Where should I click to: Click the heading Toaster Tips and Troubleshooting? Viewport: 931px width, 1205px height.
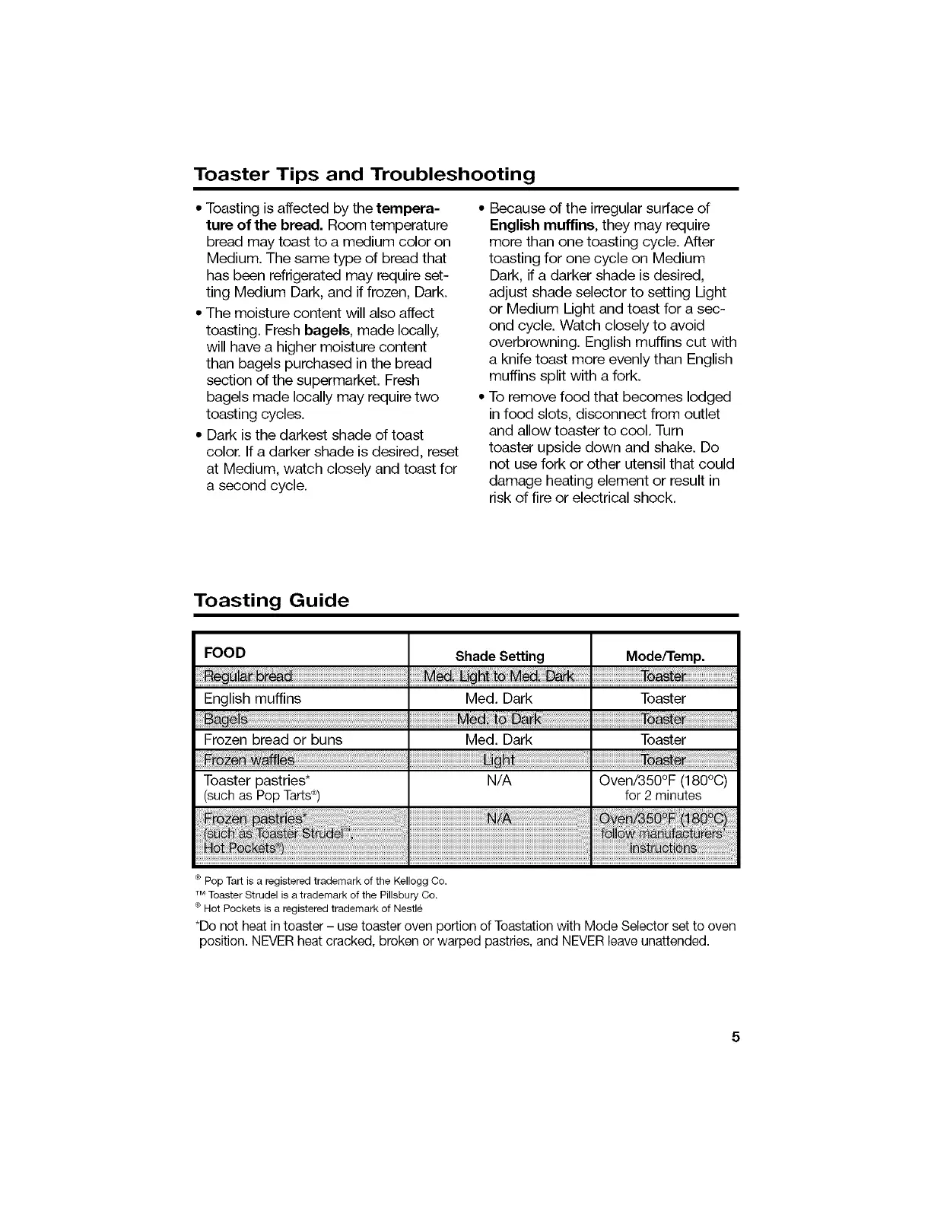[x=364, y=174]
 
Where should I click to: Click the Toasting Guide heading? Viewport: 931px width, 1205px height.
[x=271, y=600]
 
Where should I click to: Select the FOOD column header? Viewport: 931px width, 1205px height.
[x=224, y=653]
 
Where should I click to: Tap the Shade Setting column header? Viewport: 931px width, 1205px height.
[x=500, y=656]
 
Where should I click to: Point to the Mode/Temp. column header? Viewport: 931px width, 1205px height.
[x=665, y=656]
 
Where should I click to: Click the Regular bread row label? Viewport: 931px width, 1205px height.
[x=248, y=677]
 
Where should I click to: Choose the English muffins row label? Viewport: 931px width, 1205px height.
[x=253, y=698]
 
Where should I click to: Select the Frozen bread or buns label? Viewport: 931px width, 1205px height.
[x=273, y=739]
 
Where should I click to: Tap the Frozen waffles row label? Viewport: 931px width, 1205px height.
[x=249, y=760]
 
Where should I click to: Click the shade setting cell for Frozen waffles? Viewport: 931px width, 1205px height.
[x=499, y=760]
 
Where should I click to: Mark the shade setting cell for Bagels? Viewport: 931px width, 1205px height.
[x=499, y=719]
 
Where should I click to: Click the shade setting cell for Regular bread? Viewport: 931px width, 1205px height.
[x=499, y=677]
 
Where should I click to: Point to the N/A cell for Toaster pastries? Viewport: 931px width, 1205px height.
[x=499, y=781]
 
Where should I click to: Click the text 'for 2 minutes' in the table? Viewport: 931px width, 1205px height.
[x=663, y=796]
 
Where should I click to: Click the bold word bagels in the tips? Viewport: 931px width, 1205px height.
[x=327, y=330]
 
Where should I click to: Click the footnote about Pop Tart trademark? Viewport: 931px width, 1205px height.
[x=323, y=881]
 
